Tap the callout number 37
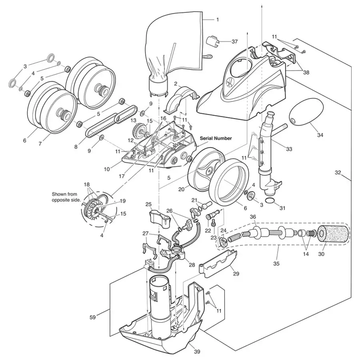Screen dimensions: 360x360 tap(234, 41)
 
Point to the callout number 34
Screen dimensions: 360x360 tap(320, 135)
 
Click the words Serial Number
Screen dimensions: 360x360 tap(216, 138)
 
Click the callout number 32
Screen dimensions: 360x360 tap(338, 172)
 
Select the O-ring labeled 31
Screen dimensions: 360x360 tap(271, 202)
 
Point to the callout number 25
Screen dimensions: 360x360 tap(148, 204)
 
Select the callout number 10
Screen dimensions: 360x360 tap(107, 169)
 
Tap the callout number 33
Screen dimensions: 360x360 tap(289, 149)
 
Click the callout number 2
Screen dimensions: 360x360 tap(175, 84)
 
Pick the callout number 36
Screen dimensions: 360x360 tap(253, 216)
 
